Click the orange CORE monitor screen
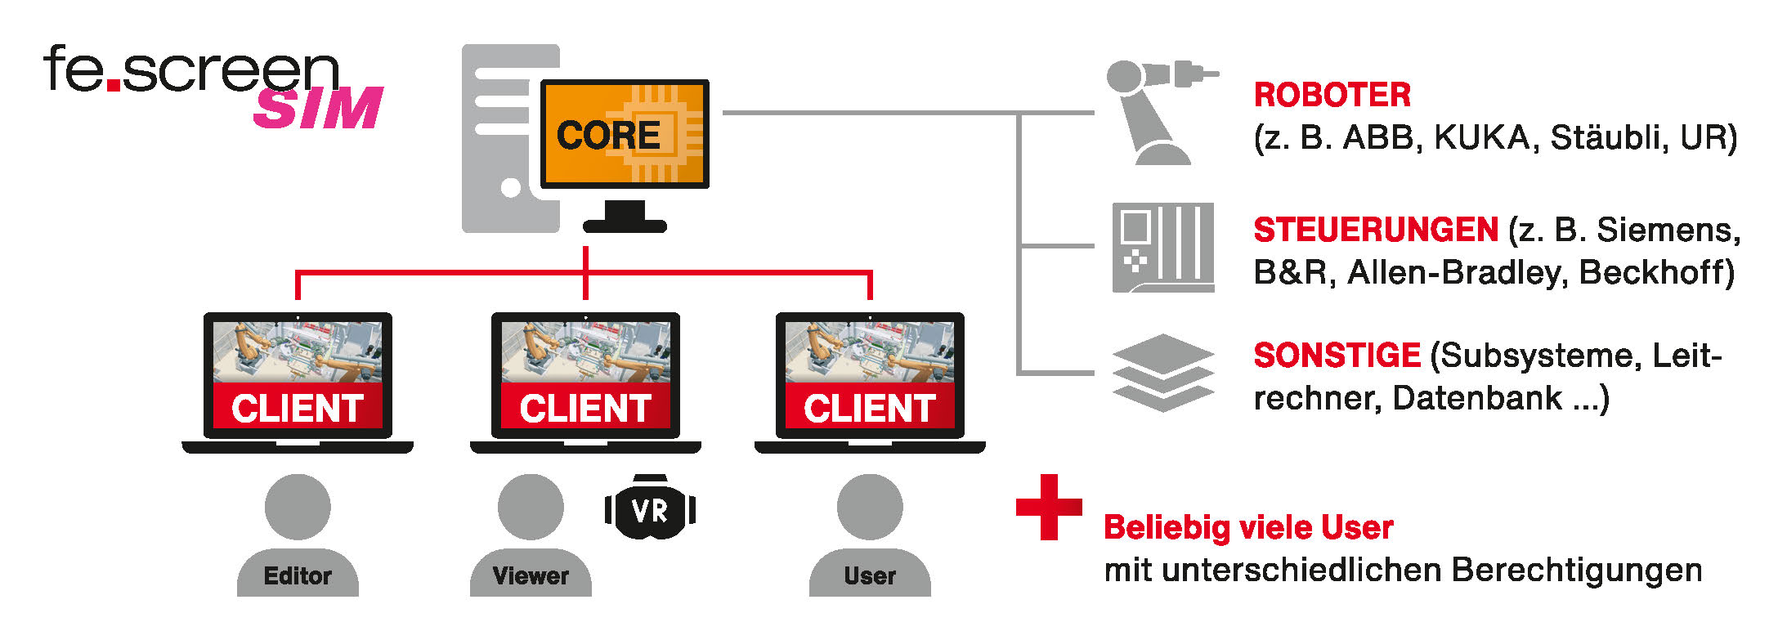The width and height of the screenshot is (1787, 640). click(624, 134)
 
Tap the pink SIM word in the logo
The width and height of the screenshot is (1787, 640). click(318, 108)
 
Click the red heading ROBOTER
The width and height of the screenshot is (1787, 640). click(1332, 95)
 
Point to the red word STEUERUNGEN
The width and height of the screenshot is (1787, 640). click(1376, 230)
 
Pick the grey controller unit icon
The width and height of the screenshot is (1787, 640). click(1162, 247)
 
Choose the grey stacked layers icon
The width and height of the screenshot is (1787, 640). click(1162, 372)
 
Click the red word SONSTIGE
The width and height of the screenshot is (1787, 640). click(1337, 356)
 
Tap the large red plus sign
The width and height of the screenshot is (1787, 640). click(1048, 507)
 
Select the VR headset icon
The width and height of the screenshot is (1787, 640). click(650, 509)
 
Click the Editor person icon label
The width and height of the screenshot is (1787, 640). click(298, 575)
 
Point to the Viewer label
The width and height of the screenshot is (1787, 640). click(531, 575)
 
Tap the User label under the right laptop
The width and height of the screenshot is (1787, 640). click(870, 575)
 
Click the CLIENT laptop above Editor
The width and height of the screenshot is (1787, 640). click(298, 377)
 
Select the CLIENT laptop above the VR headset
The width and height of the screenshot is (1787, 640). click(585, 377)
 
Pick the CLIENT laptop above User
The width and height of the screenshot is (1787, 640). click(870, 377)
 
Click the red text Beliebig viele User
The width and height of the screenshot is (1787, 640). click(1248, 528)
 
